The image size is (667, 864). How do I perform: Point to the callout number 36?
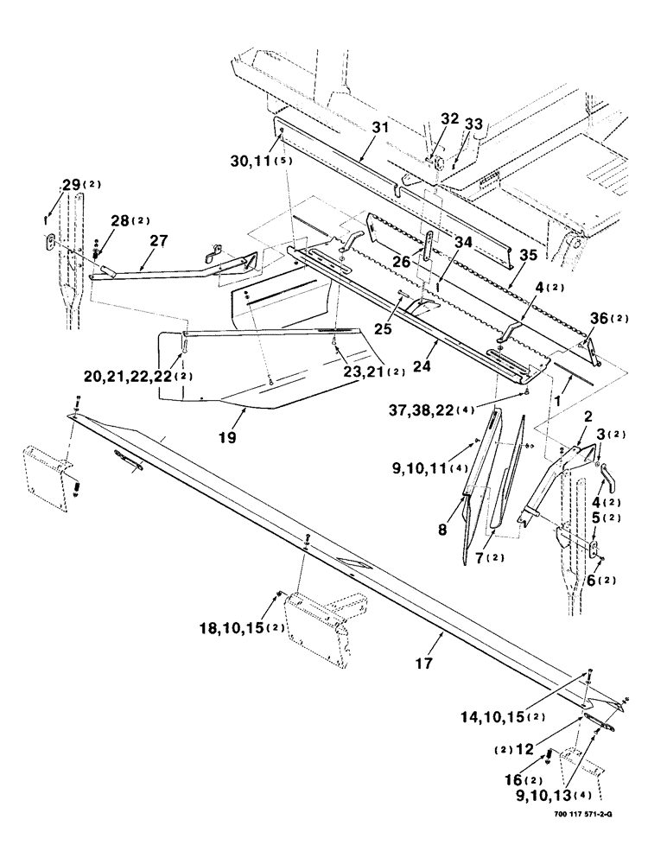(x=600, y=319)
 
